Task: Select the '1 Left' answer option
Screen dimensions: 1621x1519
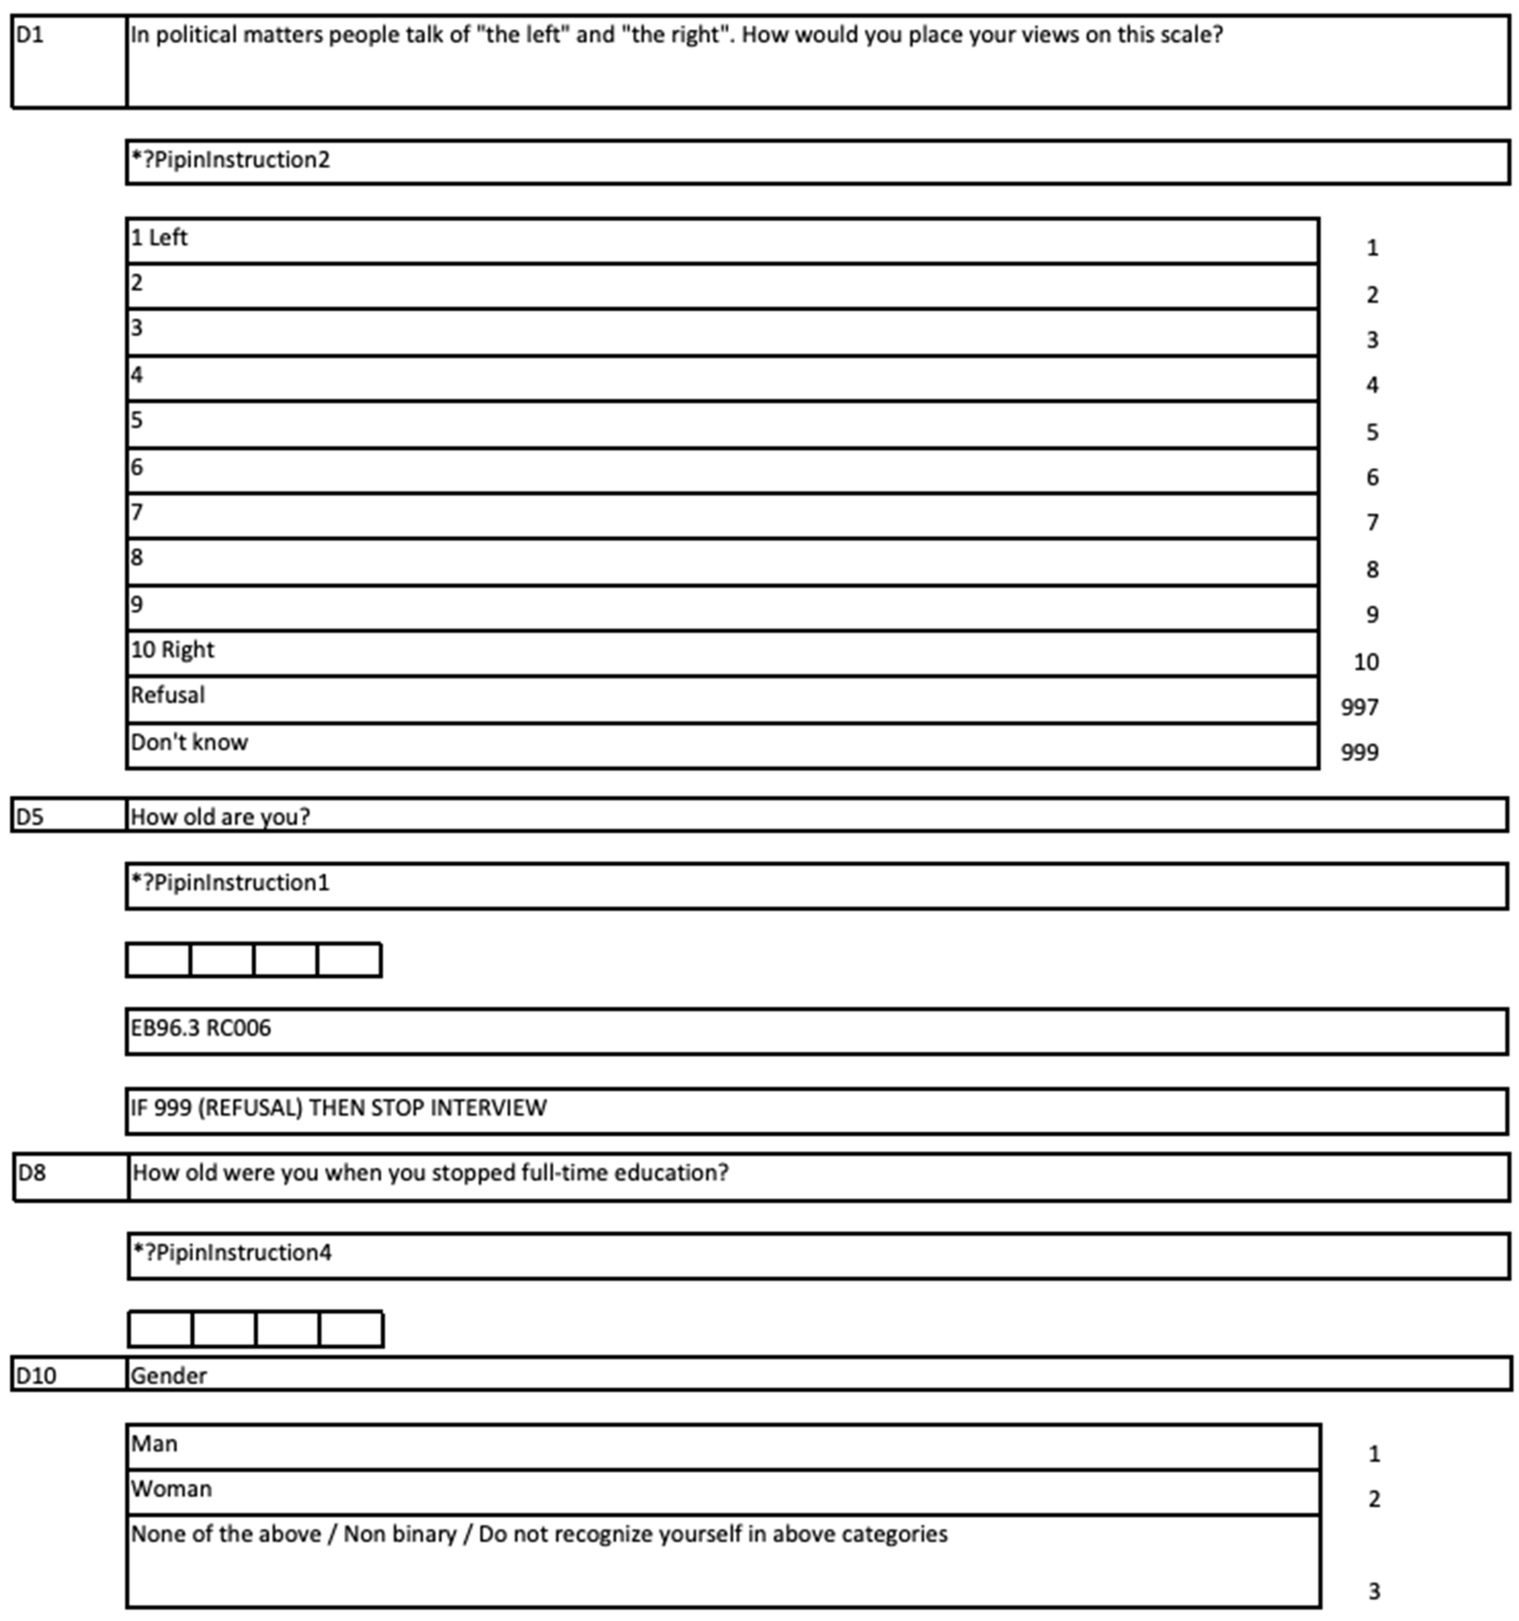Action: (x=159, y=238)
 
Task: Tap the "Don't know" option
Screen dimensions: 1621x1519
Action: (x=189, y=742)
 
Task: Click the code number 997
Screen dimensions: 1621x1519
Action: (x=1359, y=707)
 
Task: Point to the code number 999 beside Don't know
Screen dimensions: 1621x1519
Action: (x=1359, y=752)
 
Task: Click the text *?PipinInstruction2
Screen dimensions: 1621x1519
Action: (x=231, y=160)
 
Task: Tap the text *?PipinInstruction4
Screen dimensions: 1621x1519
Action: (x=233, y=1253)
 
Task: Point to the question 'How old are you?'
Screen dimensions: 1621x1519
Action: (x=220, y=817)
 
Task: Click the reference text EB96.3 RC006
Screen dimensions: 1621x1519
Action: (x=201, y=1028)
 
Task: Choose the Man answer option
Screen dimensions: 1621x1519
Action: (x=154, y=1444)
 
